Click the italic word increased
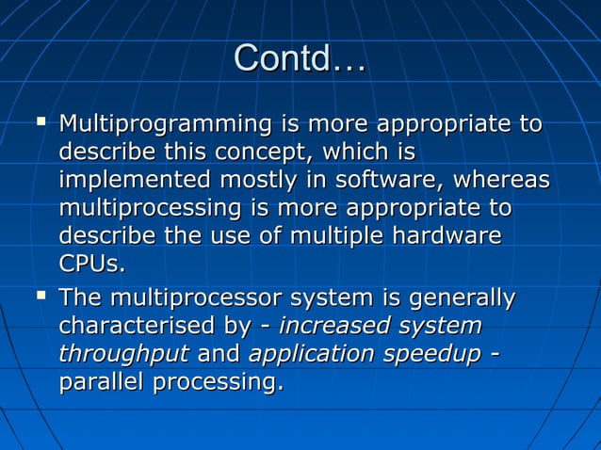(333, 327)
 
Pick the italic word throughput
(123, 354)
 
